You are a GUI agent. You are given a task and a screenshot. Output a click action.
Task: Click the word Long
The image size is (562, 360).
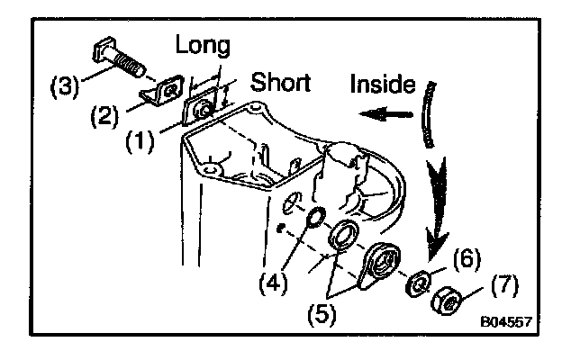pos(204,44)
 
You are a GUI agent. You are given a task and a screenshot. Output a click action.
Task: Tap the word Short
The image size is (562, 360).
pos(281,85)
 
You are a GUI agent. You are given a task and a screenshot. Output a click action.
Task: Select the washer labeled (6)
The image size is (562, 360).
pos(419,283)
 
